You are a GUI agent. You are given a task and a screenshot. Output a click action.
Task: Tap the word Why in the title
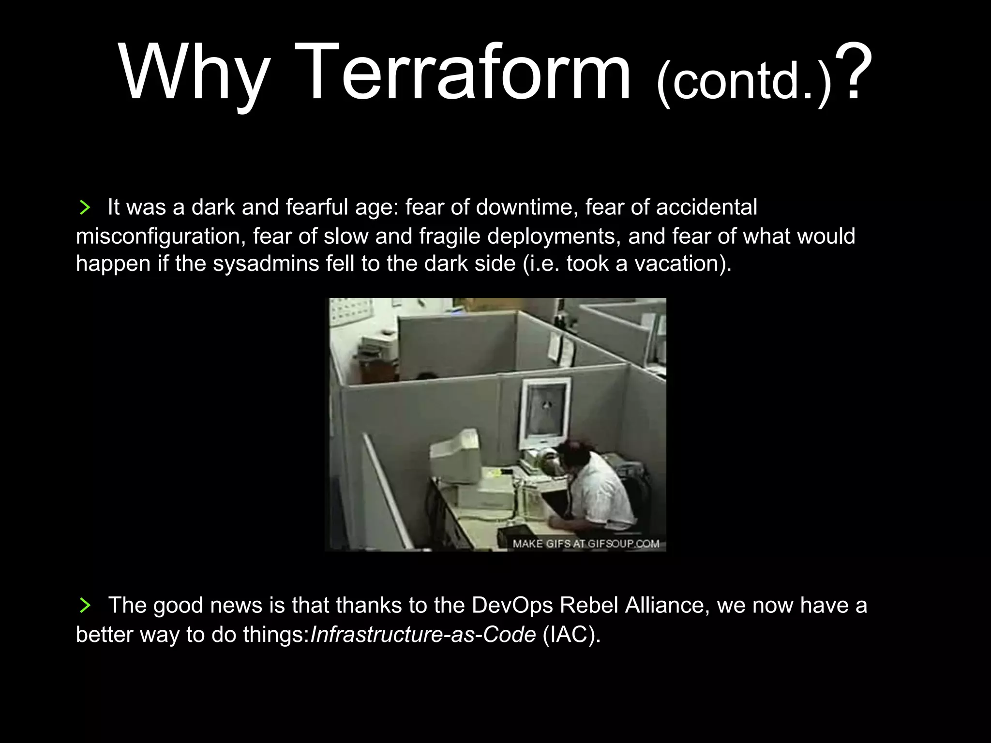tap(194, 73)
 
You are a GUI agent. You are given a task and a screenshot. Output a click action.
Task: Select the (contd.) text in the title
tap(744, 82)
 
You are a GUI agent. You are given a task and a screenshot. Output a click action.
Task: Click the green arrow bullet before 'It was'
tap(85, 208)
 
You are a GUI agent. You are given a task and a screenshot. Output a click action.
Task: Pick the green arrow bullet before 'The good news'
tap(85, 606)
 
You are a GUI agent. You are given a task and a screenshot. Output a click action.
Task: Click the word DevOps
tap(512, 605)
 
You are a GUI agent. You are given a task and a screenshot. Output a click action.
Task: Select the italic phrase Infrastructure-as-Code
tap(423, 634)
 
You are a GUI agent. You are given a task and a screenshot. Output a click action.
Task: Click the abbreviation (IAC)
tap(571, 634)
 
